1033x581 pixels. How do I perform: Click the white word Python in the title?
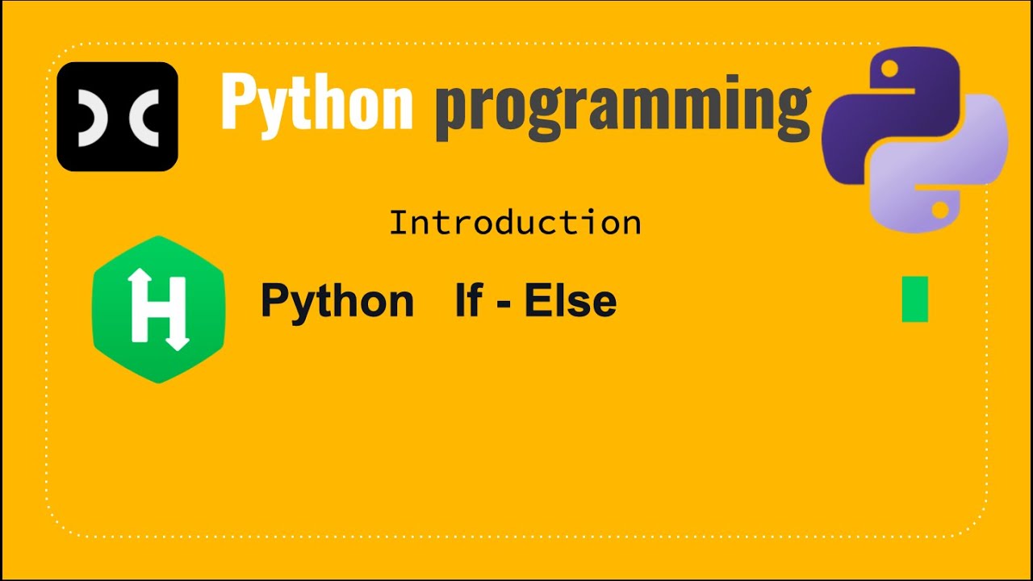pos(316,103)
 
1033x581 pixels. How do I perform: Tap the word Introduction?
pos(515,223)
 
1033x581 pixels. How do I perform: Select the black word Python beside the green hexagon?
pos(337,302)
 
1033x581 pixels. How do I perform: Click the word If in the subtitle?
pos(469,300)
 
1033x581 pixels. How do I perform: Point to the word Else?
pos(571,301)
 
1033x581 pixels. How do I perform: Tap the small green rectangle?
pos(914,299)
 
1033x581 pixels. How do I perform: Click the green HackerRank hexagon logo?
pos(159,309)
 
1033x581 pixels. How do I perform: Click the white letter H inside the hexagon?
pos(158,309)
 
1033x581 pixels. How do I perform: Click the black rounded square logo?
pos(117,116)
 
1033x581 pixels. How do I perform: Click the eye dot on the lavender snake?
pos(939,210)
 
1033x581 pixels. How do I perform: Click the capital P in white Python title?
pos(240,101)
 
